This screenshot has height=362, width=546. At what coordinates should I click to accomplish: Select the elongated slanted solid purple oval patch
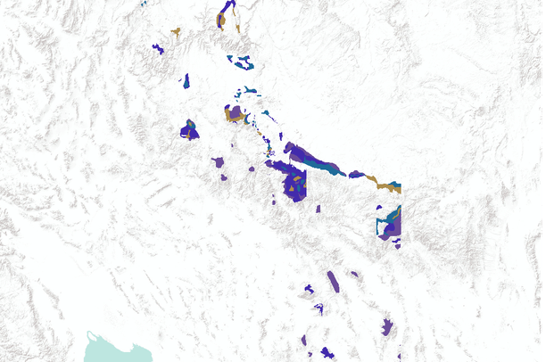(333, 281)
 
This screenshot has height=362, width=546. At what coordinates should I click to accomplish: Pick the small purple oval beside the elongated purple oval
(355, 274)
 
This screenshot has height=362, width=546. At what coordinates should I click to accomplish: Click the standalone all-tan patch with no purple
(175, 34)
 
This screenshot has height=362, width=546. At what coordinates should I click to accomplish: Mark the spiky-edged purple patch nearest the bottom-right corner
(387, 326)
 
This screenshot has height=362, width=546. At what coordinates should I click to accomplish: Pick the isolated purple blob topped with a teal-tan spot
(189, 130)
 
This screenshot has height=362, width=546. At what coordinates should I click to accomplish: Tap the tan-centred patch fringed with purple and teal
(236, 114)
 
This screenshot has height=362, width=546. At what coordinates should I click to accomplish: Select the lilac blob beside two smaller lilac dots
(219, 162)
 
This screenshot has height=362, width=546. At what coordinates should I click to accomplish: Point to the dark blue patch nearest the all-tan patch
(159, 48)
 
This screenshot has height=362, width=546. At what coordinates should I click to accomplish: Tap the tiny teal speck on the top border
(143, 3)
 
